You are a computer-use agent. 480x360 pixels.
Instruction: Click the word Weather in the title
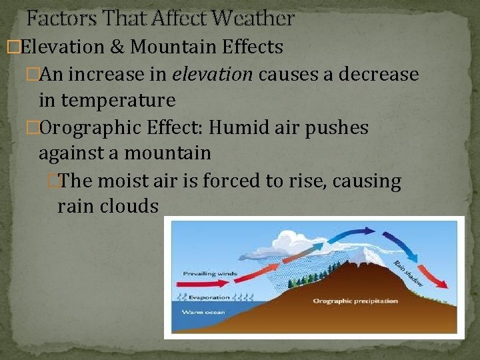click(x=256, y=19)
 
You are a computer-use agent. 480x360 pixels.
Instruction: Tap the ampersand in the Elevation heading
click(x=120, y=47)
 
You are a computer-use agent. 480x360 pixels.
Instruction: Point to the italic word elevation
click(x=212, y=74)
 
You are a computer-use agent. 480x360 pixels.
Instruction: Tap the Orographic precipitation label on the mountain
click(x=356, y=301)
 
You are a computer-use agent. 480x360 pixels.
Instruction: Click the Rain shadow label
click(x=407, y=273)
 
